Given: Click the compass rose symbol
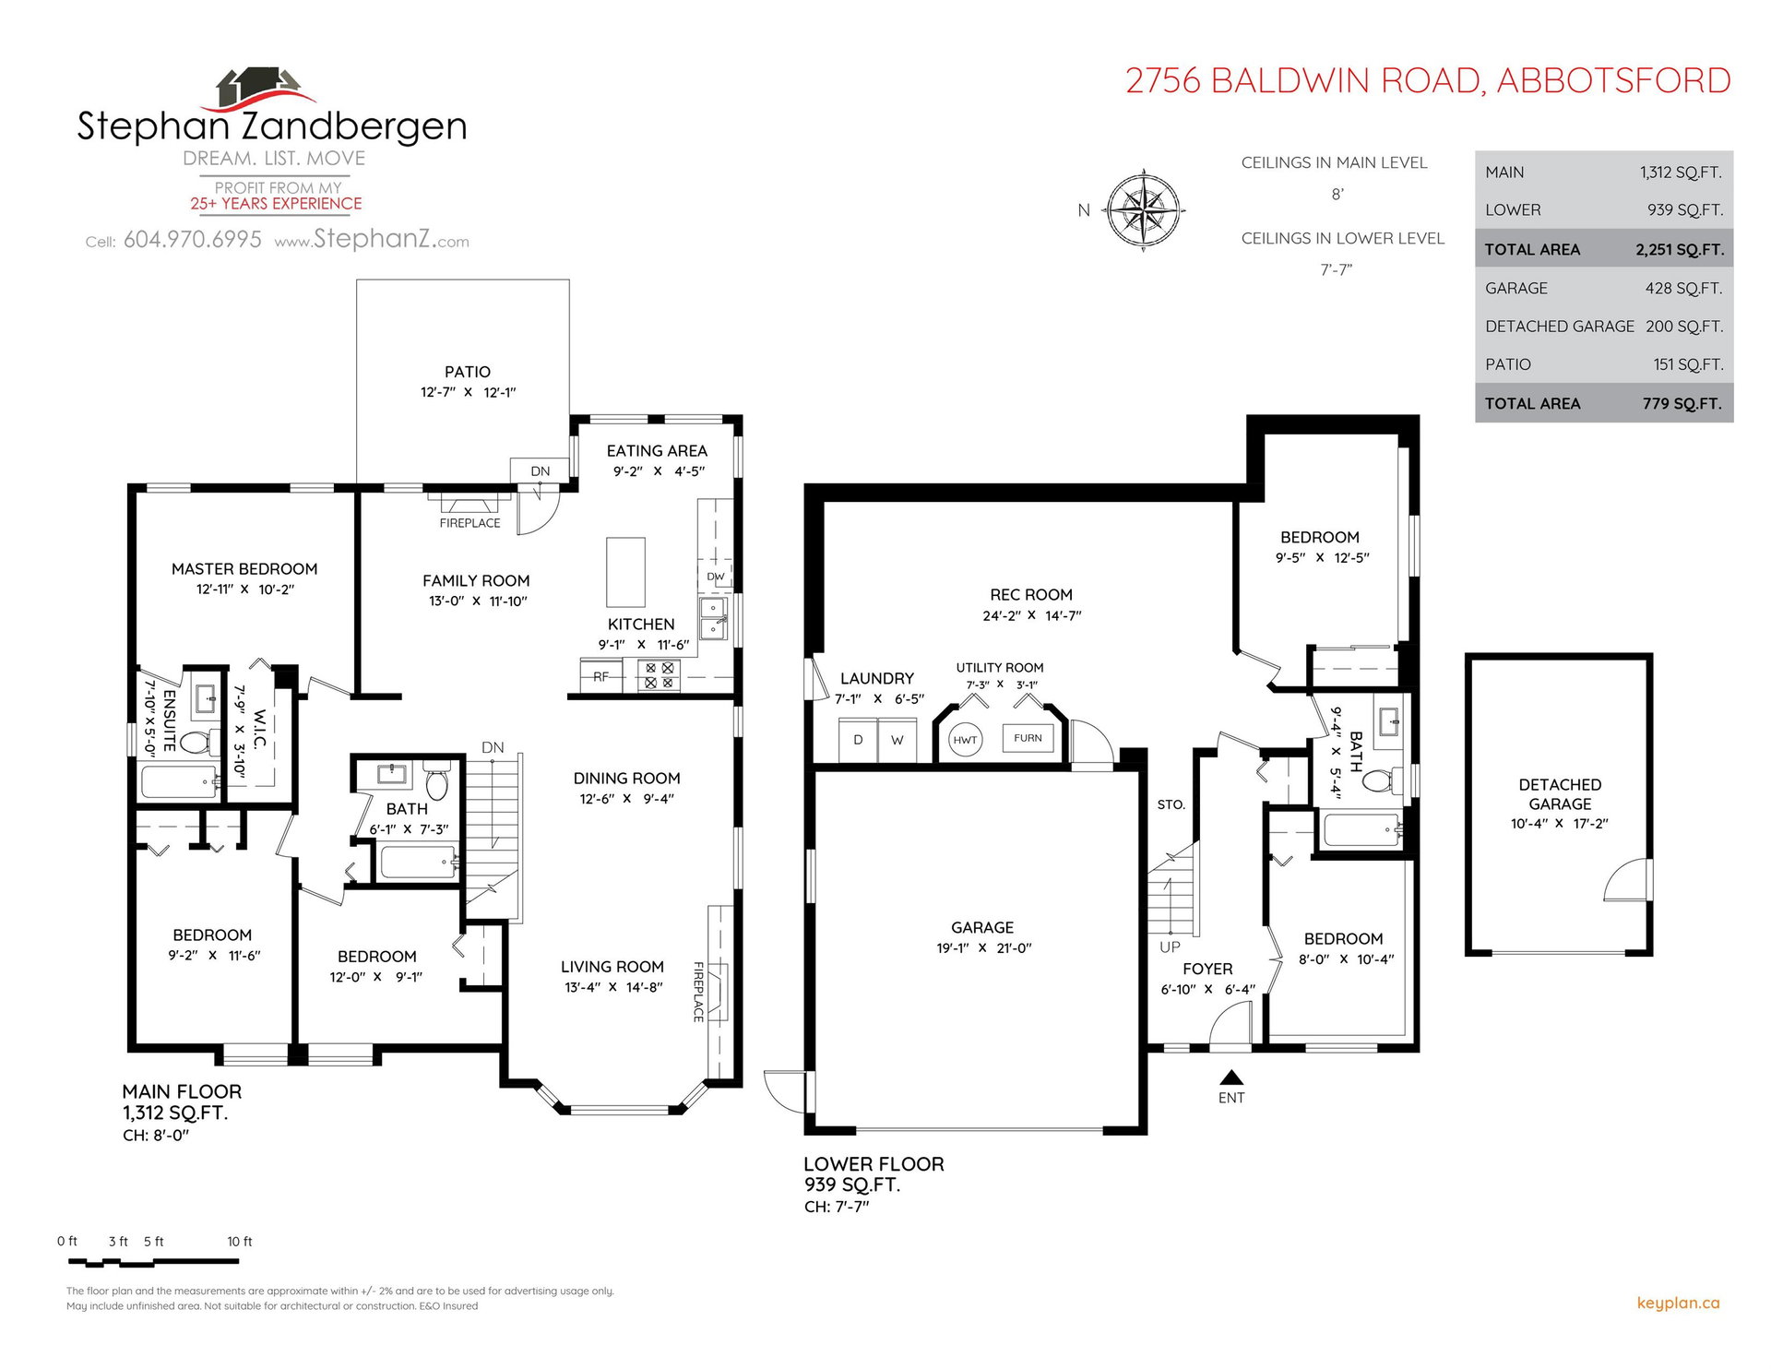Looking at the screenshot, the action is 1144,210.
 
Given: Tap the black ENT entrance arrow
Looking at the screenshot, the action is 1231,1077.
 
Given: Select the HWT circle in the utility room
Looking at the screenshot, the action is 965,740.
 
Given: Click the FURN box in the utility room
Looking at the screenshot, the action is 1028,738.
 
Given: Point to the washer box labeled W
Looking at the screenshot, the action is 897,740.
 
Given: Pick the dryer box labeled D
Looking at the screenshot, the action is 858,740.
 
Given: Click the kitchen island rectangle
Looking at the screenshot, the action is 625,572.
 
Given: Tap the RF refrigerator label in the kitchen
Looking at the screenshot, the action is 600,677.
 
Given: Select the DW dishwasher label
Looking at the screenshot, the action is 716,577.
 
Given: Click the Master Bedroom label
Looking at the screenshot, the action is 244,569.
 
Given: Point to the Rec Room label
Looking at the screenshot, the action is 1031,595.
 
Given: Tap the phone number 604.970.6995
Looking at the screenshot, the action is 193,240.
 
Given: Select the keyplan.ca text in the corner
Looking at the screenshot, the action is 1678,1304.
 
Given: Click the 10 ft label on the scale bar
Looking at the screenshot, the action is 240,1242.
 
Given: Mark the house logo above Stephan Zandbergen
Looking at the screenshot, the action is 262,89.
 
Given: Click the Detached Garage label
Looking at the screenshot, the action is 1560,794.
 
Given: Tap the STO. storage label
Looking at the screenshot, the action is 1171,805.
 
